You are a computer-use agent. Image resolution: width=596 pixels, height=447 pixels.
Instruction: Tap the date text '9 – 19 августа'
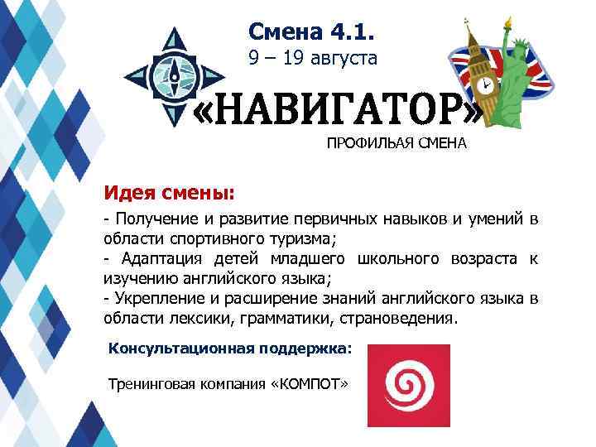[313, 59]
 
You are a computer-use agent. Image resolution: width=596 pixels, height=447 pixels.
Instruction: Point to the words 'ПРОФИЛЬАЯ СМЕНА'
[397, 143]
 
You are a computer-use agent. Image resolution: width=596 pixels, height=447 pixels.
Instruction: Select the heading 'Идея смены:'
[169, 193]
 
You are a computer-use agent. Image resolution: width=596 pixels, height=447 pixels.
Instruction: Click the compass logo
[175, 74]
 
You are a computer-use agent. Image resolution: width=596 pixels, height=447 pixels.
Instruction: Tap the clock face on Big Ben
[484, 84]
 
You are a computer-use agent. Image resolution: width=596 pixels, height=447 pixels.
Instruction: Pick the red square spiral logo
[409, 385]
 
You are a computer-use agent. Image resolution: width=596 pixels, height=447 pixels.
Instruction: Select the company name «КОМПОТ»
[310, 385]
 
